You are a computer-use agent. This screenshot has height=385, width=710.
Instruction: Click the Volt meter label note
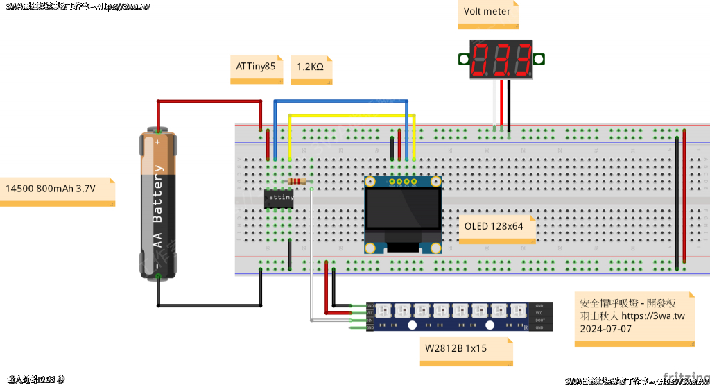pyautogui.click(x=487, y=12)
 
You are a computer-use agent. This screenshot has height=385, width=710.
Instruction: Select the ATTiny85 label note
pyautogui.click(x=256, y=68)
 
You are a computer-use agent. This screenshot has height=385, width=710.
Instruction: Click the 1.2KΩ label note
pyautogui.click(x=311, y=68)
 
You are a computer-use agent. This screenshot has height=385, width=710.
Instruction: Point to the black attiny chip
pyautogui.click(x=280, y=198)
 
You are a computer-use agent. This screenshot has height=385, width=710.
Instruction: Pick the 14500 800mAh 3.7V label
pyautogui.click(x=55, y=189)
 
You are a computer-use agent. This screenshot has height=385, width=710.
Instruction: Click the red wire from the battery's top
pyautogui.click(x=208, y=101)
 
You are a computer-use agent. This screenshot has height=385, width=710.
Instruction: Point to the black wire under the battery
pyautogui.click(x=208, y=304)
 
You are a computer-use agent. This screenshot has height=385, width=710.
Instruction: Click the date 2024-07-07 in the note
pyautogui.click(x=606, y=329)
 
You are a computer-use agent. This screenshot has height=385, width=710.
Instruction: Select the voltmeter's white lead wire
pyautogui.click(x=495, y=104)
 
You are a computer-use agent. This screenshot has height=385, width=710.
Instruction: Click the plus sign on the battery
pyautogui.click(x=158, y=142)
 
